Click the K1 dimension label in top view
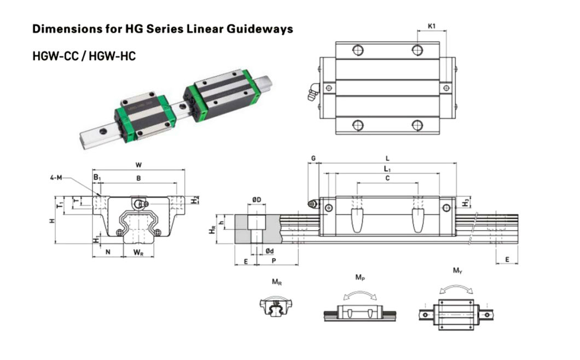432,26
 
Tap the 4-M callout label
56,177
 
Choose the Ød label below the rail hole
269,251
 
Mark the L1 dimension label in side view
387,169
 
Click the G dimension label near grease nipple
313,158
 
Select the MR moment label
277,282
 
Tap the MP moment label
359,277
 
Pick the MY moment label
457,271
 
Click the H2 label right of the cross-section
195,200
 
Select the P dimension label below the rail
273,262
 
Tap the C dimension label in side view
387,178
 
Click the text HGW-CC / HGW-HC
84,56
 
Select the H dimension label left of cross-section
51,220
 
